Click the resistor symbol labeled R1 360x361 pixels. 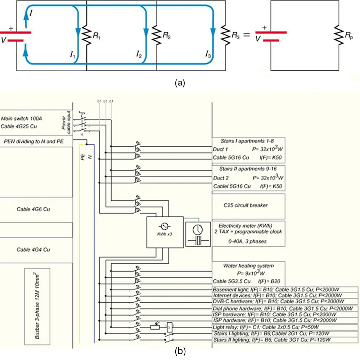pos(86,35)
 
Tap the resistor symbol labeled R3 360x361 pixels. pos(225,35)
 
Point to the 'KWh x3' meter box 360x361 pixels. pos(164,232)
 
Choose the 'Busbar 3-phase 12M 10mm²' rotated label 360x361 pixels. pos(36,306)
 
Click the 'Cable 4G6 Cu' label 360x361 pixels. pos(33,209)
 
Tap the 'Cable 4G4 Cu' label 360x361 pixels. pos(33,249)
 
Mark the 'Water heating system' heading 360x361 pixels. pos(248,266)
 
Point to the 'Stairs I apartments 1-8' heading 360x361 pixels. pos(249,141)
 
